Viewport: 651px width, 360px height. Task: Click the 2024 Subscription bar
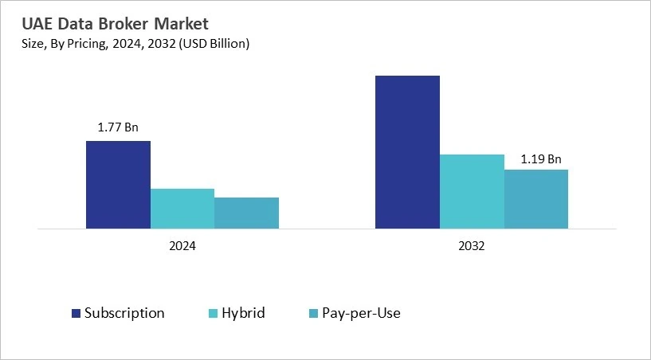(x=118, y=185)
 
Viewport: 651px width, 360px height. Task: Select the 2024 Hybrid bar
(x=182, y=209)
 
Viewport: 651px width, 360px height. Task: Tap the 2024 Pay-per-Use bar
(x=246, y=213)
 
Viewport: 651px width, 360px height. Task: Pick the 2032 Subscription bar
(x=407, y=152)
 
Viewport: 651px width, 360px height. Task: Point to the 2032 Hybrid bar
(x=472, y=191)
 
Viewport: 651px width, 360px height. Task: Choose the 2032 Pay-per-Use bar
(x=535, y=199)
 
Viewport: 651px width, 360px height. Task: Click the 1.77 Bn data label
(x=118, y=127)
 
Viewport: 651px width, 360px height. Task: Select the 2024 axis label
(x=182, y=246)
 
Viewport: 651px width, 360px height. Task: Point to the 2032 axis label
(x=472, y=246)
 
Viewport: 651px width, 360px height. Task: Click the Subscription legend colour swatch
(x=76, y=313)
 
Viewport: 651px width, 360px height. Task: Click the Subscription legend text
(x=124, y=313)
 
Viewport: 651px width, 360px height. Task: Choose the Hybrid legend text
(x=243, y=313)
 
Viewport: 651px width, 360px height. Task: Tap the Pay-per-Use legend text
(x=361, y=313)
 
